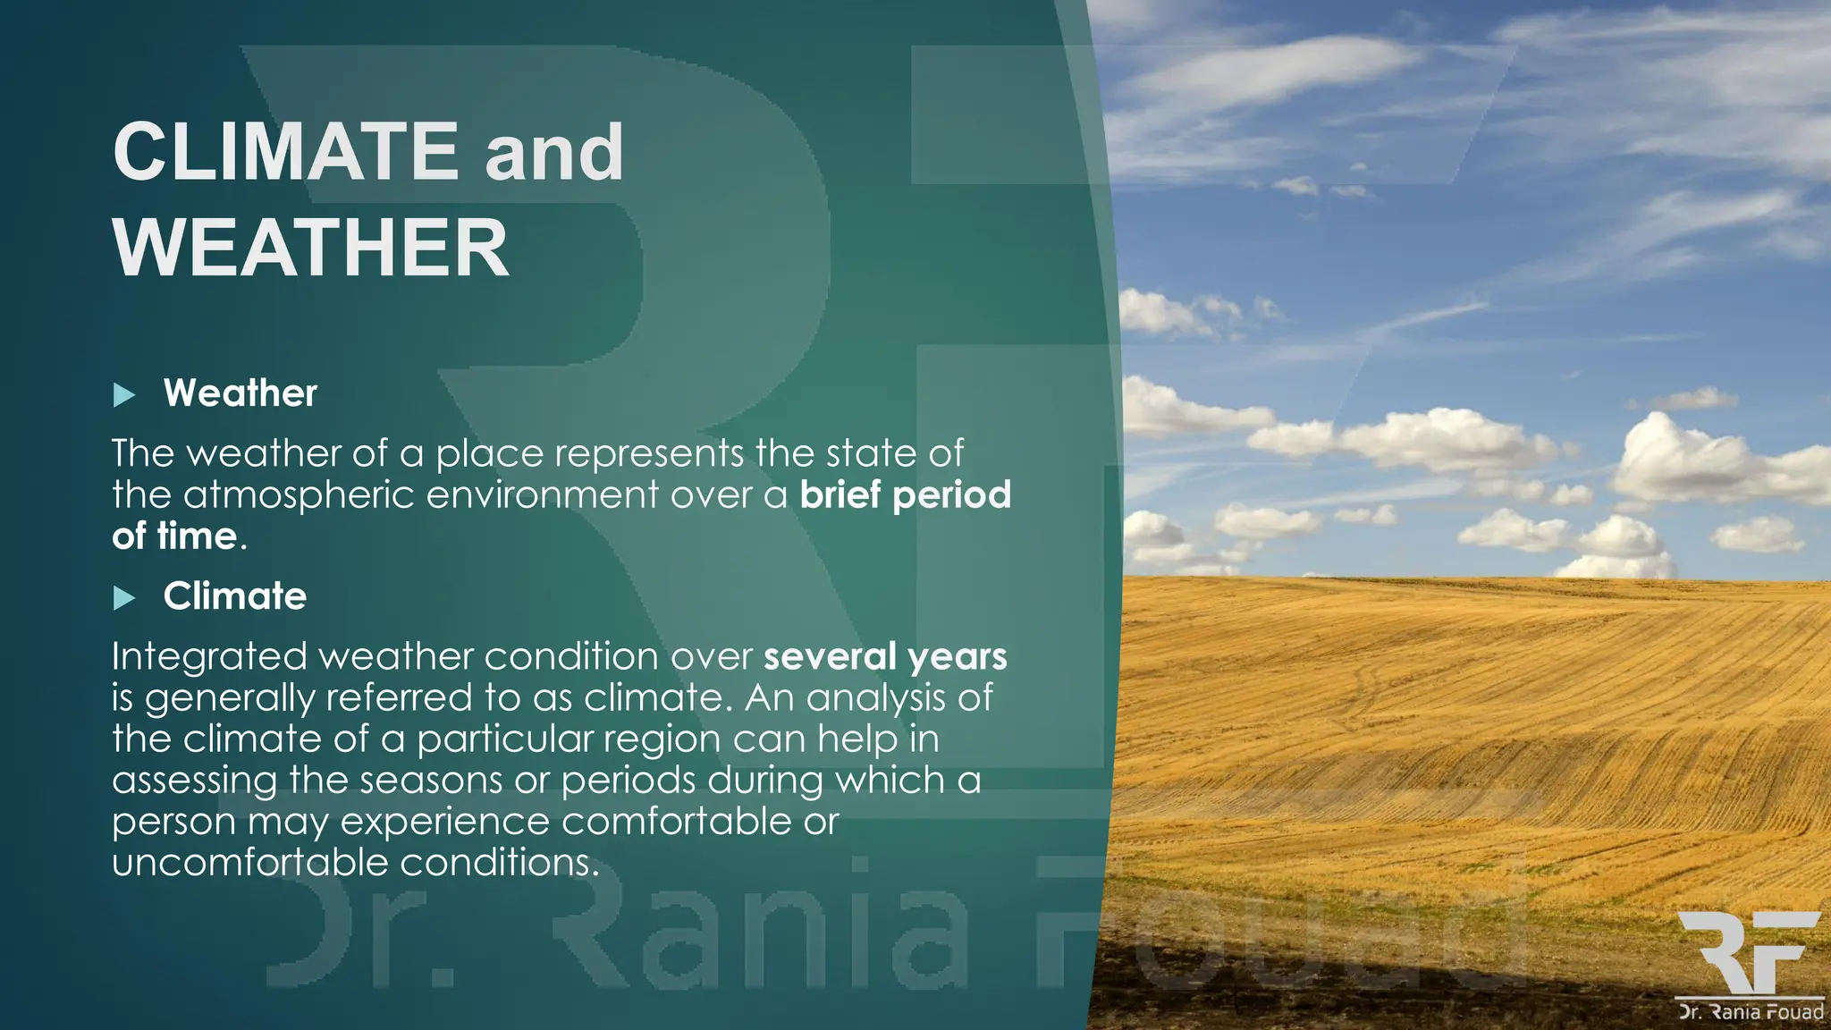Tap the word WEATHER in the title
[x=310, y=248]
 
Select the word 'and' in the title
[x=554, y=152]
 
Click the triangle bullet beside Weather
[x=124, y=395]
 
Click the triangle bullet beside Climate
[x=124, y=598]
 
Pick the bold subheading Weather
[x=240, y=393]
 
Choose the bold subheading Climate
[x=234, y=596]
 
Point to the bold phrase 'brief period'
[x=905, y=494]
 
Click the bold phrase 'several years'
[x=885, y=656]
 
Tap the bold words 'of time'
[x=175, y=536]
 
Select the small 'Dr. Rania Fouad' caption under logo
[x=1750, y=1012]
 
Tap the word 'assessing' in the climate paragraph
[x=194, y=781]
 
